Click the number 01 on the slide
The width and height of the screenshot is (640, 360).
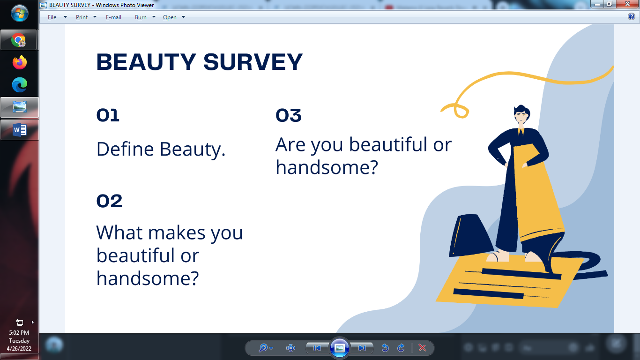108,115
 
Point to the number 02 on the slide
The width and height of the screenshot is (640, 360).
109,201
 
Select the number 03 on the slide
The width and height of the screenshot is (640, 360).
288,115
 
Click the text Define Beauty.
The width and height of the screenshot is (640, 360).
161,149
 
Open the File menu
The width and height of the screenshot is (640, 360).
52,17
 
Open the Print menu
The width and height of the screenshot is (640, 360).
82,17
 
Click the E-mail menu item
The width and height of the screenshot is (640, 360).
113,17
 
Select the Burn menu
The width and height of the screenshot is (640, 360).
141,17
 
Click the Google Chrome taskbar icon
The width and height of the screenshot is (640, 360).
19,40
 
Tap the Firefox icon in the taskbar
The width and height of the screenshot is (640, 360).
19,62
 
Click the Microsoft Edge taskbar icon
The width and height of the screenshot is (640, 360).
19,85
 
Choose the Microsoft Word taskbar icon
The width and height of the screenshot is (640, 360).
19,130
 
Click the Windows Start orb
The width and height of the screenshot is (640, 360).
19,13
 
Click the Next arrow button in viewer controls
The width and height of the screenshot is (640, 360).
362,348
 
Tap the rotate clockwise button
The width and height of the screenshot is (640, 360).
401,348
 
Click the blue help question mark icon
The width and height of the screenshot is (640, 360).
631,17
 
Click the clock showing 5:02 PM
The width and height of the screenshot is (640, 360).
19,333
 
